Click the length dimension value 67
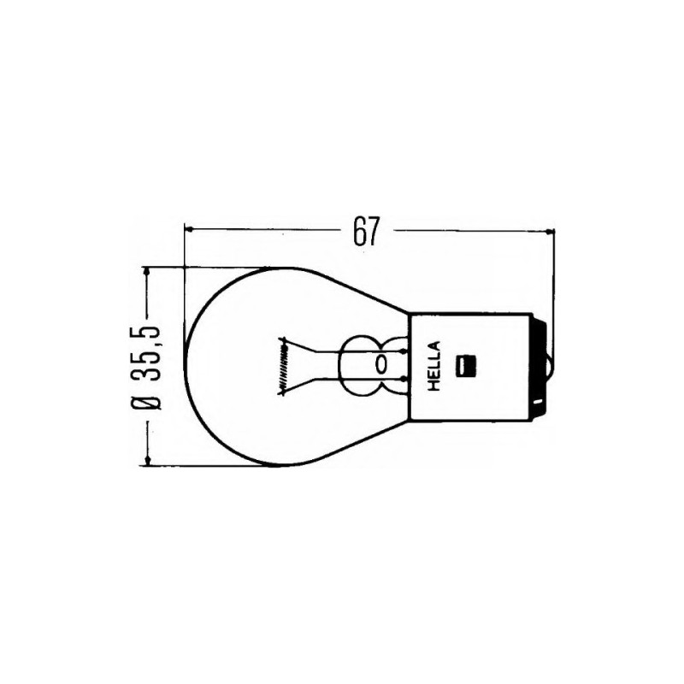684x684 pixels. pyautogui.click(x=365, y=232)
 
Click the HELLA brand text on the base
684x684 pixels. pyautogui.click(x=433, y=366)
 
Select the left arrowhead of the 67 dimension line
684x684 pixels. pyautogui.click(x=191, y=231)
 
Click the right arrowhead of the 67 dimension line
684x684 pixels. pyautogui.click(x=548, y=231)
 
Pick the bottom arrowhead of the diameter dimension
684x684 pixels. pyautogui.click(x=150, y=461)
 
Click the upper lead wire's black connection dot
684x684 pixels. pyautogui.click(x=401, y=351)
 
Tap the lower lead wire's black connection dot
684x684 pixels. pyautogui.click(x=401, y=380)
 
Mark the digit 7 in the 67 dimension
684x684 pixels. pyautogui.click(x=372, y=232)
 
